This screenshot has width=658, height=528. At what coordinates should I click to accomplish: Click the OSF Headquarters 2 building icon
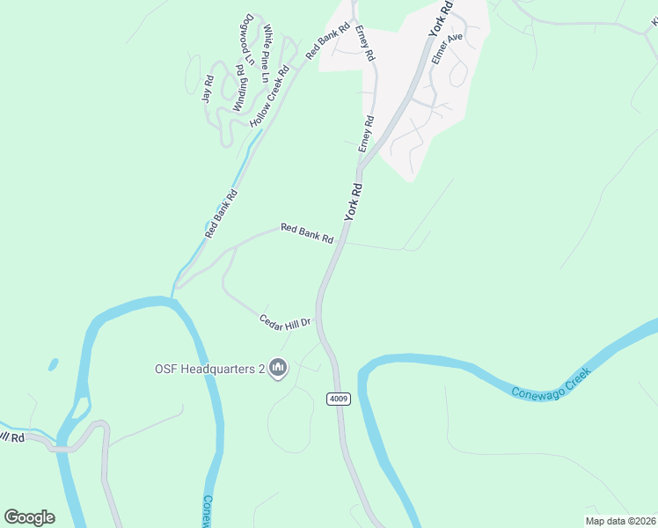point(278,367)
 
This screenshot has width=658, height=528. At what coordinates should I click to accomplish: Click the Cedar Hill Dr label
point(286,321)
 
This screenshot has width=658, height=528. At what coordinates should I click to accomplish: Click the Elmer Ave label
point(447,51)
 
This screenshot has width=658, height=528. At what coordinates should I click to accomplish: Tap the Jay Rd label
point(208,89)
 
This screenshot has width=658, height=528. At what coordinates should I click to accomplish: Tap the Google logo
point(29,517)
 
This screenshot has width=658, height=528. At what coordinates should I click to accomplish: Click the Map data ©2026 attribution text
point(619,520)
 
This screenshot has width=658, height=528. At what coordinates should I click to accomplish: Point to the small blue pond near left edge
point(53,363)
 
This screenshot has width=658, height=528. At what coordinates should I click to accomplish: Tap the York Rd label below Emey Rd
point(353,202)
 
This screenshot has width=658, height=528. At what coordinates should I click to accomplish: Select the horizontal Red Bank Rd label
point(307,233)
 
